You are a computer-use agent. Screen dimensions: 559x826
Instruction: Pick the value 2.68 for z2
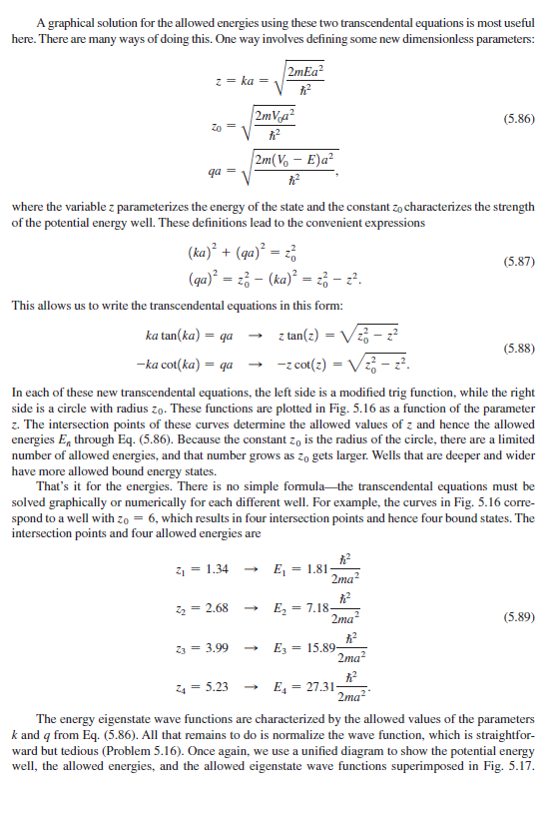217,608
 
